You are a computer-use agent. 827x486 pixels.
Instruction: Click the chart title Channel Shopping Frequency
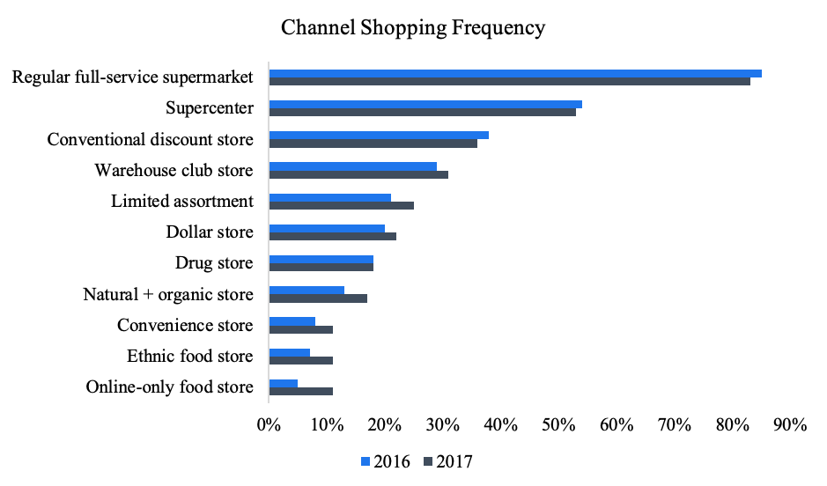tap(413, 28)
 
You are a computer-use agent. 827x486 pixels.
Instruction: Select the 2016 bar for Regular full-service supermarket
tap(514, 73)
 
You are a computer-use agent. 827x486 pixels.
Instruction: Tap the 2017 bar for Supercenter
tap(422, 112)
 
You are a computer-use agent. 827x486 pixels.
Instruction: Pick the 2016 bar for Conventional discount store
tap(378, 135)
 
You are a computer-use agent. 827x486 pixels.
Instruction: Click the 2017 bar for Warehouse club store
tap(358, 174)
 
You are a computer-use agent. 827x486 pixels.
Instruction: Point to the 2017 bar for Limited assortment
tap(341, 205)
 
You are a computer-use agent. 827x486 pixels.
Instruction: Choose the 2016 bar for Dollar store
tap(327, 228)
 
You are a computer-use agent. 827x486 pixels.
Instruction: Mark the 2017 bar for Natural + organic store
tap(318, 298)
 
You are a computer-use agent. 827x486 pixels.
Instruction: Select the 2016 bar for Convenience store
tap(292, 321)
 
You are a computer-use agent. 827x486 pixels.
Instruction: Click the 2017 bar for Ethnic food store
tap(300, 360)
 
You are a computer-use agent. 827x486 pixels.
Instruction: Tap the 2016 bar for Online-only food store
tap(283, 383)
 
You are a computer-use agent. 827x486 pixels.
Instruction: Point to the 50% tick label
tap(558, 424)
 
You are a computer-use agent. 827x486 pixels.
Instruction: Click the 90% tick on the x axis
tap(790, 424)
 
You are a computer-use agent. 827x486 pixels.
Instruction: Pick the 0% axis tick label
tap(269, 424)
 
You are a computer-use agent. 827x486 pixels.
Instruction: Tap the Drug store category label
tap(214, 263)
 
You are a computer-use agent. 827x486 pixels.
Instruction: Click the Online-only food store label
tap(169, 387)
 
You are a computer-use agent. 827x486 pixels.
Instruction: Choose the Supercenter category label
tap(210, 108)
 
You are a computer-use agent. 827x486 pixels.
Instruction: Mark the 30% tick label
tap(442, 424)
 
